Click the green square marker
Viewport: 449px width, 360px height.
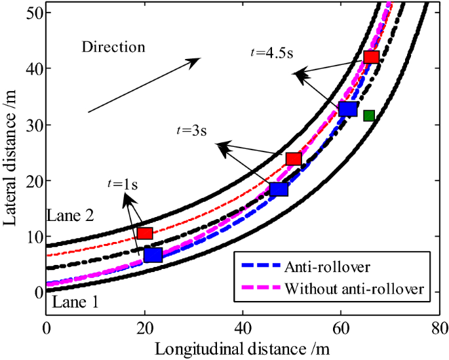[369, 116]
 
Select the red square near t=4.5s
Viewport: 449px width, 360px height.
[372, 57]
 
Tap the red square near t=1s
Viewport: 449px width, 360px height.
[145, 233]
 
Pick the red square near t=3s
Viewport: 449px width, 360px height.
[294, 159]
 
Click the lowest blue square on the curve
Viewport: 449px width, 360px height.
[153, 255]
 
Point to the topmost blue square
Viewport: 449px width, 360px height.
[347, 109]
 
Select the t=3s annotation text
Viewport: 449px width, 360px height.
[191, 130]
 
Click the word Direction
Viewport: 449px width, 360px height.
[113, 47]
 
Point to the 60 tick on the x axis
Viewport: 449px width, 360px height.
[342, 327]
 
